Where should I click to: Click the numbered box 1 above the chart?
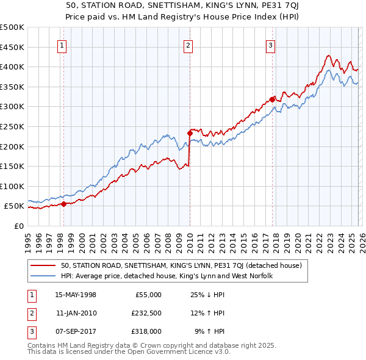tap(63, 45)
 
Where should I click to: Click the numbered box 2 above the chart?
tap(188, 45)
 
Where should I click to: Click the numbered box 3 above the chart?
tap(270, 45)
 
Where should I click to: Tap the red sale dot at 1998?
tap(63, 204)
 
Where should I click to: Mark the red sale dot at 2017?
tap(271, 99)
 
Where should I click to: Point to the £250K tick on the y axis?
tap(12, 126)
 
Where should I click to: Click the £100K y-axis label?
tap(12, 186)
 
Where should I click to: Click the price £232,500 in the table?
tap(146, 312)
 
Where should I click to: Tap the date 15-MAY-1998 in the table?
tap(76, 294)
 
